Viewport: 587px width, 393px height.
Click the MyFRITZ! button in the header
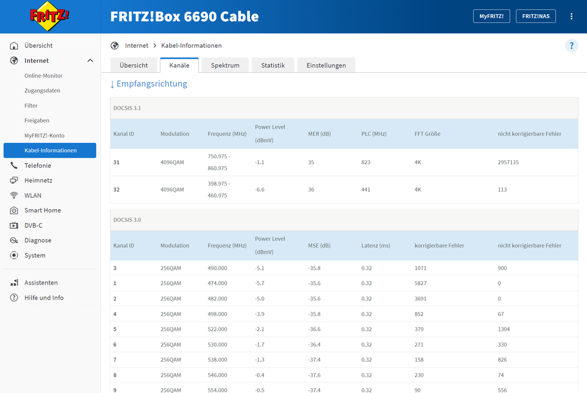[492, 16]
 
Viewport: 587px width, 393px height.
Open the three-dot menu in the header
[571, 16]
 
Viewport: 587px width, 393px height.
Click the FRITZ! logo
[50, 16]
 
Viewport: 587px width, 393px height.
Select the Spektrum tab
[225, 66]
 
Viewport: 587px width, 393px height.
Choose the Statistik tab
[273, 66]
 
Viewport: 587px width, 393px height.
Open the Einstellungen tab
[326, 66]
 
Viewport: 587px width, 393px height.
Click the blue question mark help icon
[571, 46]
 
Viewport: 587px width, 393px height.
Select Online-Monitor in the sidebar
[43, 76]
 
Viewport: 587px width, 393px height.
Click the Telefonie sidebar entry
[38, 165]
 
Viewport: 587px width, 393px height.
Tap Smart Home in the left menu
[42, 211]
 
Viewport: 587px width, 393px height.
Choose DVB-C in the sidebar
[33, 225]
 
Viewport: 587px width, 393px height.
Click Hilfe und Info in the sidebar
[43, 298]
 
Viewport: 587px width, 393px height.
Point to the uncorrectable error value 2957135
[508, 162]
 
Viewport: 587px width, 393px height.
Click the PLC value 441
[365, 189]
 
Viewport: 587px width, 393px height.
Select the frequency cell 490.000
[217, 268]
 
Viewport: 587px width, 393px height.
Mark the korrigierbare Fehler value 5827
[421, 283]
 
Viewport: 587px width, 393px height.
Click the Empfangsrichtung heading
[152, 84]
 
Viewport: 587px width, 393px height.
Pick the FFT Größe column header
[427, 134]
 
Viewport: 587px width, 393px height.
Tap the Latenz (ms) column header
[375, 245]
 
